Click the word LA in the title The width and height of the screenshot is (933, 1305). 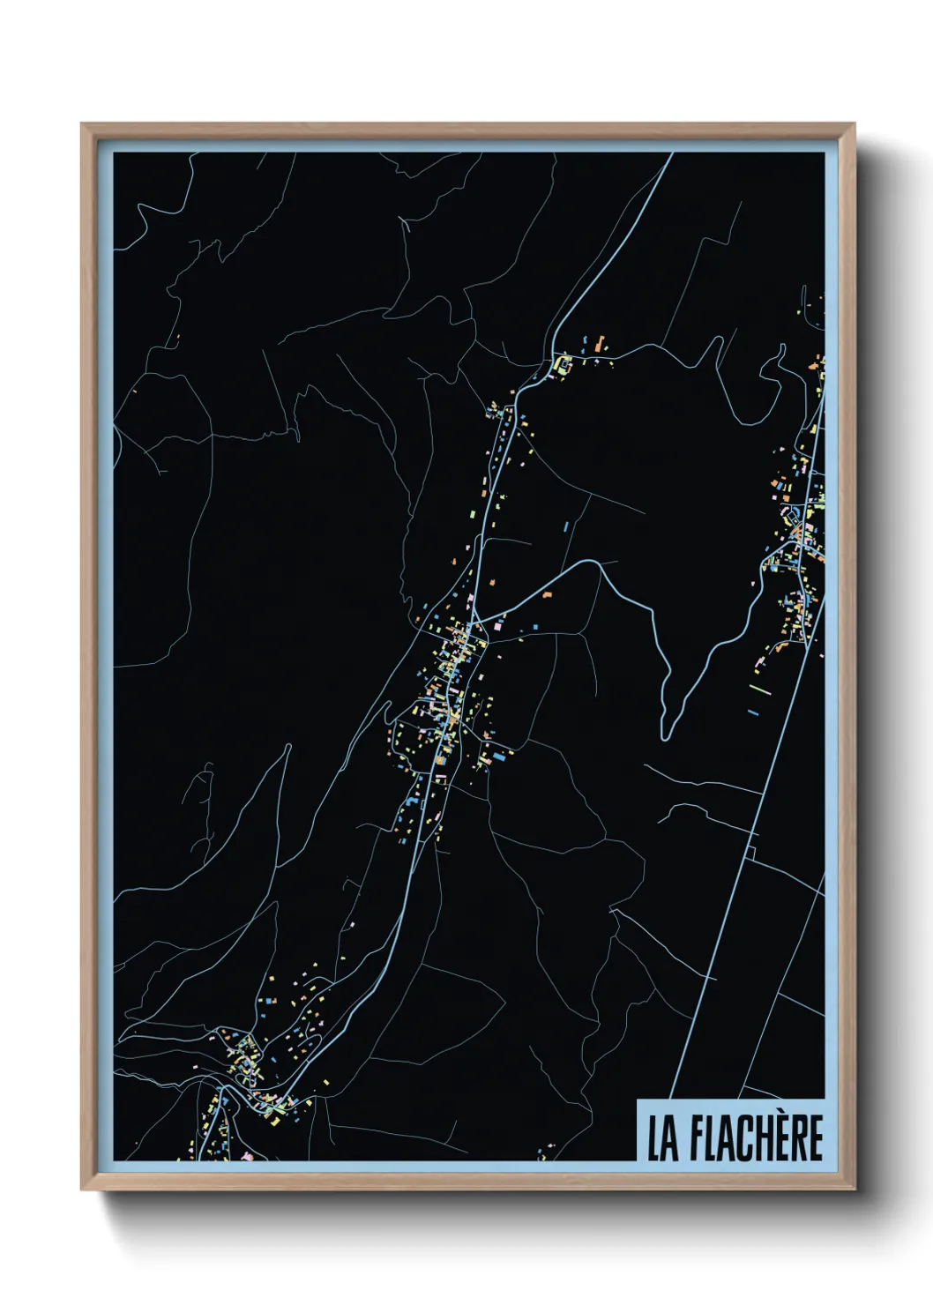[x=663, y=1138]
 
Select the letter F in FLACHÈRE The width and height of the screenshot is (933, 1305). [x=698, y=1138]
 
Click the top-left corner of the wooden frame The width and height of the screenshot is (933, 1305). [x=82, y=125]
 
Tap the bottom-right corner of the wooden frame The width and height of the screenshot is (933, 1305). [x=854, y=1189]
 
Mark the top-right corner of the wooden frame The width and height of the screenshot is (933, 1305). [x=854, y=125]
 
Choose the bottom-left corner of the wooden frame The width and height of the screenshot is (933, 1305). [x=82, y=1189]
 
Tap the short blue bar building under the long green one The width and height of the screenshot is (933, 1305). [x=753, y=712]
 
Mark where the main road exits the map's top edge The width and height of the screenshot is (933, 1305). [x=672, y=154]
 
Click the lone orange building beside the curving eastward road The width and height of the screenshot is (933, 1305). [x=547, y=596]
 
